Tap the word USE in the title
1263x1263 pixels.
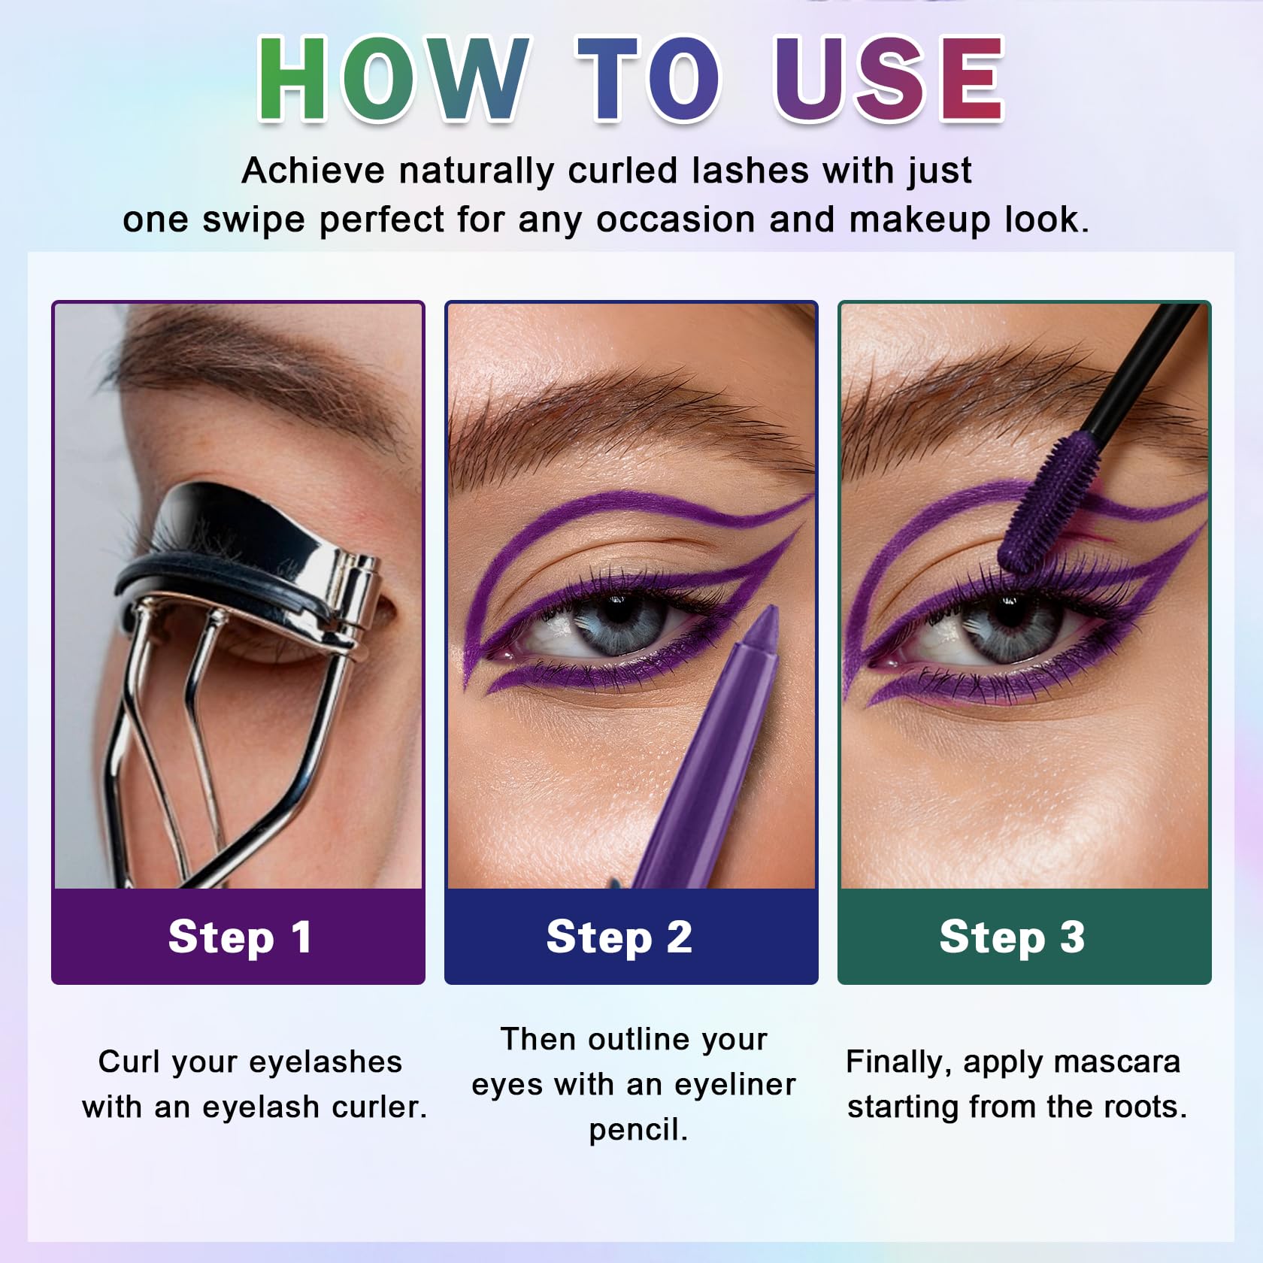pos(889,77)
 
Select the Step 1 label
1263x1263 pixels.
pos(240,937)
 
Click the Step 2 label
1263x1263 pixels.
pos(619,937)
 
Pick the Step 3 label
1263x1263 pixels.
pos(1012,937)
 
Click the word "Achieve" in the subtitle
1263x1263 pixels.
pos(313,171)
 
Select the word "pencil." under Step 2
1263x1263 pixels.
pos(638,1130)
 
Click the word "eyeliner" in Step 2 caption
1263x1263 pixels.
pos(734,1085)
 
